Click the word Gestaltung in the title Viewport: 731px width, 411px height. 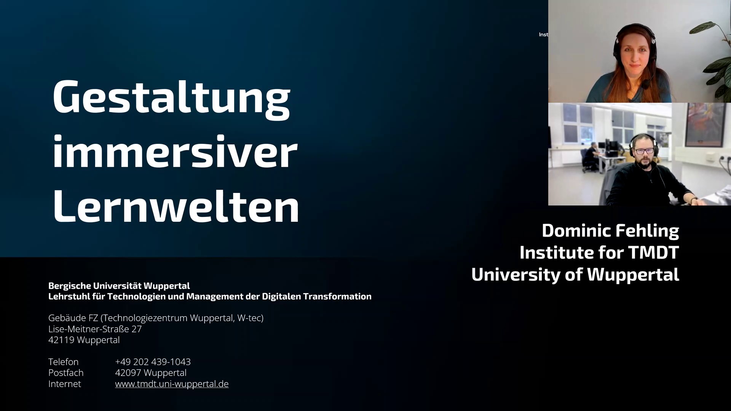click(171, 98)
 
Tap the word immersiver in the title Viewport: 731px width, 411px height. click(175, 151)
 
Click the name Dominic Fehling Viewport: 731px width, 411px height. click(610, 231)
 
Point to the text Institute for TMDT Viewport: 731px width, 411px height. click(599, 252)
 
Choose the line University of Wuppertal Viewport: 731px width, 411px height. click(575, 275)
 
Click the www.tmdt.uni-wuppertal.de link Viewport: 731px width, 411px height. click(172, 384)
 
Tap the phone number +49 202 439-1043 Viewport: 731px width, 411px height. click(153, 362)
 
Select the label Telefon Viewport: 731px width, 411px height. click(63, 362)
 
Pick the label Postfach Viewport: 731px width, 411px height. click(66, 373)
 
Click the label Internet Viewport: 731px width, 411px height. click(65, 384)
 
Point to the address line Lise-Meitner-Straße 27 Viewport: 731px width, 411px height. click(95, 329)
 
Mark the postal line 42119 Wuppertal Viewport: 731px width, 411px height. click(84, 340)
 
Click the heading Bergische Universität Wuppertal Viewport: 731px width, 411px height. click(119, 286)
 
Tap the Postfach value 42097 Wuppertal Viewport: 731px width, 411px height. click(151, 373)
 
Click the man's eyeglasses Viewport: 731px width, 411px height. click(644, 151)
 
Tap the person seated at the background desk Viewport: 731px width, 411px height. click(589, 157)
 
